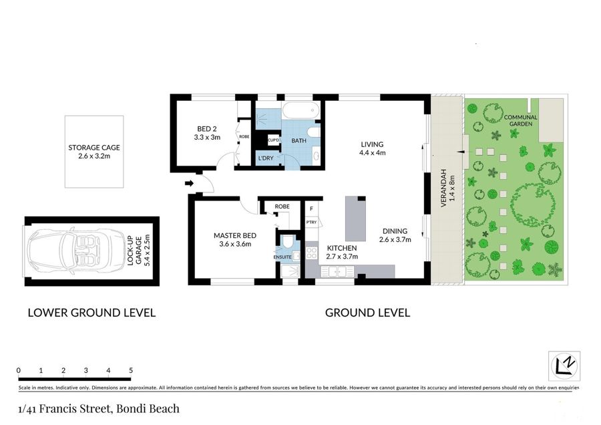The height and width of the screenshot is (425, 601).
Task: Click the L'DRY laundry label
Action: (266, 158)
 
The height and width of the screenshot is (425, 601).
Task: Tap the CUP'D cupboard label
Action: (273, 140)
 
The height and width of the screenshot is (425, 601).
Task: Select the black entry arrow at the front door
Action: (189, 183)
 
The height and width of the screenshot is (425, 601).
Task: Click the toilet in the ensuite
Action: (286, 242)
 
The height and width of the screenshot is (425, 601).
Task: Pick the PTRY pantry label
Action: (311, 222)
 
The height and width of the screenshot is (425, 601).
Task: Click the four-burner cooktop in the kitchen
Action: (311, 253)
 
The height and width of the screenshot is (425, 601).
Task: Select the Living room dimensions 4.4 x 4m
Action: (372, 152)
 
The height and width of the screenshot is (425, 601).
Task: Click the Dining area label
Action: (395, 231)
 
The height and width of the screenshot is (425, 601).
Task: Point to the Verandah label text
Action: (444, 188)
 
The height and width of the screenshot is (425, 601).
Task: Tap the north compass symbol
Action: (564, 366)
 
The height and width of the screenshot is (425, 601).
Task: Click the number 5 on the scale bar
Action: (131, 370)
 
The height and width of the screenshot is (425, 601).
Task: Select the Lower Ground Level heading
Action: (91, 313)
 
